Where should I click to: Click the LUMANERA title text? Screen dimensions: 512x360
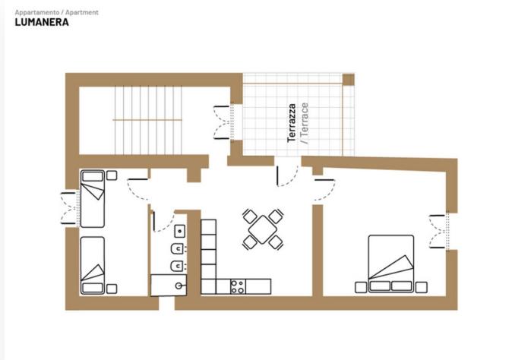[x=42, y=22]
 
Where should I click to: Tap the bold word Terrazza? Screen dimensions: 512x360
[x=292, y=123]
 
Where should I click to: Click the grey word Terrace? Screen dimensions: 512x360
[x=304, y=123]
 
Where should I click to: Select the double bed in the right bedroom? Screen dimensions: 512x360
[x=391, y=264]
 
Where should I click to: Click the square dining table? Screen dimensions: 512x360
[x=263, y=229]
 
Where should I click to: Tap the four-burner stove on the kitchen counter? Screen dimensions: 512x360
[x=238, y=286]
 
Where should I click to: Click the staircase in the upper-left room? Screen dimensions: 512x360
[x=147, y=120]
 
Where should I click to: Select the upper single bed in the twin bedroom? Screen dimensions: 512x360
[x=93, y=198]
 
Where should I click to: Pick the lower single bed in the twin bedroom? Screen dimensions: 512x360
[x=93, y=266]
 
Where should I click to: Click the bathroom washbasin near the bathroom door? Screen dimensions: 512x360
[x=179, y=231]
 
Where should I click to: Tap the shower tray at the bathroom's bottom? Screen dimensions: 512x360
[x=169, y=285]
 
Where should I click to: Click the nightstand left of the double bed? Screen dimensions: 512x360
[x=361, y=287]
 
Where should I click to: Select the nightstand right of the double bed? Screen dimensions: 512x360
[x=422, y=287]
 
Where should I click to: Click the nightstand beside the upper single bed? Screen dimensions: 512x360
[x=112, y=175]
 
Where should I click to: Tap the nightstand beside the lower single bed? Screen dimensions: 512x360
[x=112, y=289]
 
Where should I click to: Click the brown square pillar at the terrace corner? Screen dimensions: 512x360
[x=349, y=79]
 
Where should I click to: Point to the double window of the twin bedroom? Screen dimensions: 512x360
[x=70, y=208]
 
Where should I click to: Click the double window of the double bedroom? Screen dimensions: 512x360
[x=438, y=232]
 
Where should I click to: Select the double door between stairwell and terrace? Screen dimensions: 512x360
[x=223, y=122]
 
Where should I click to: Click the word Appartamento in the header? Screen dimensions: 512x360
[x=37, y=12]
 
